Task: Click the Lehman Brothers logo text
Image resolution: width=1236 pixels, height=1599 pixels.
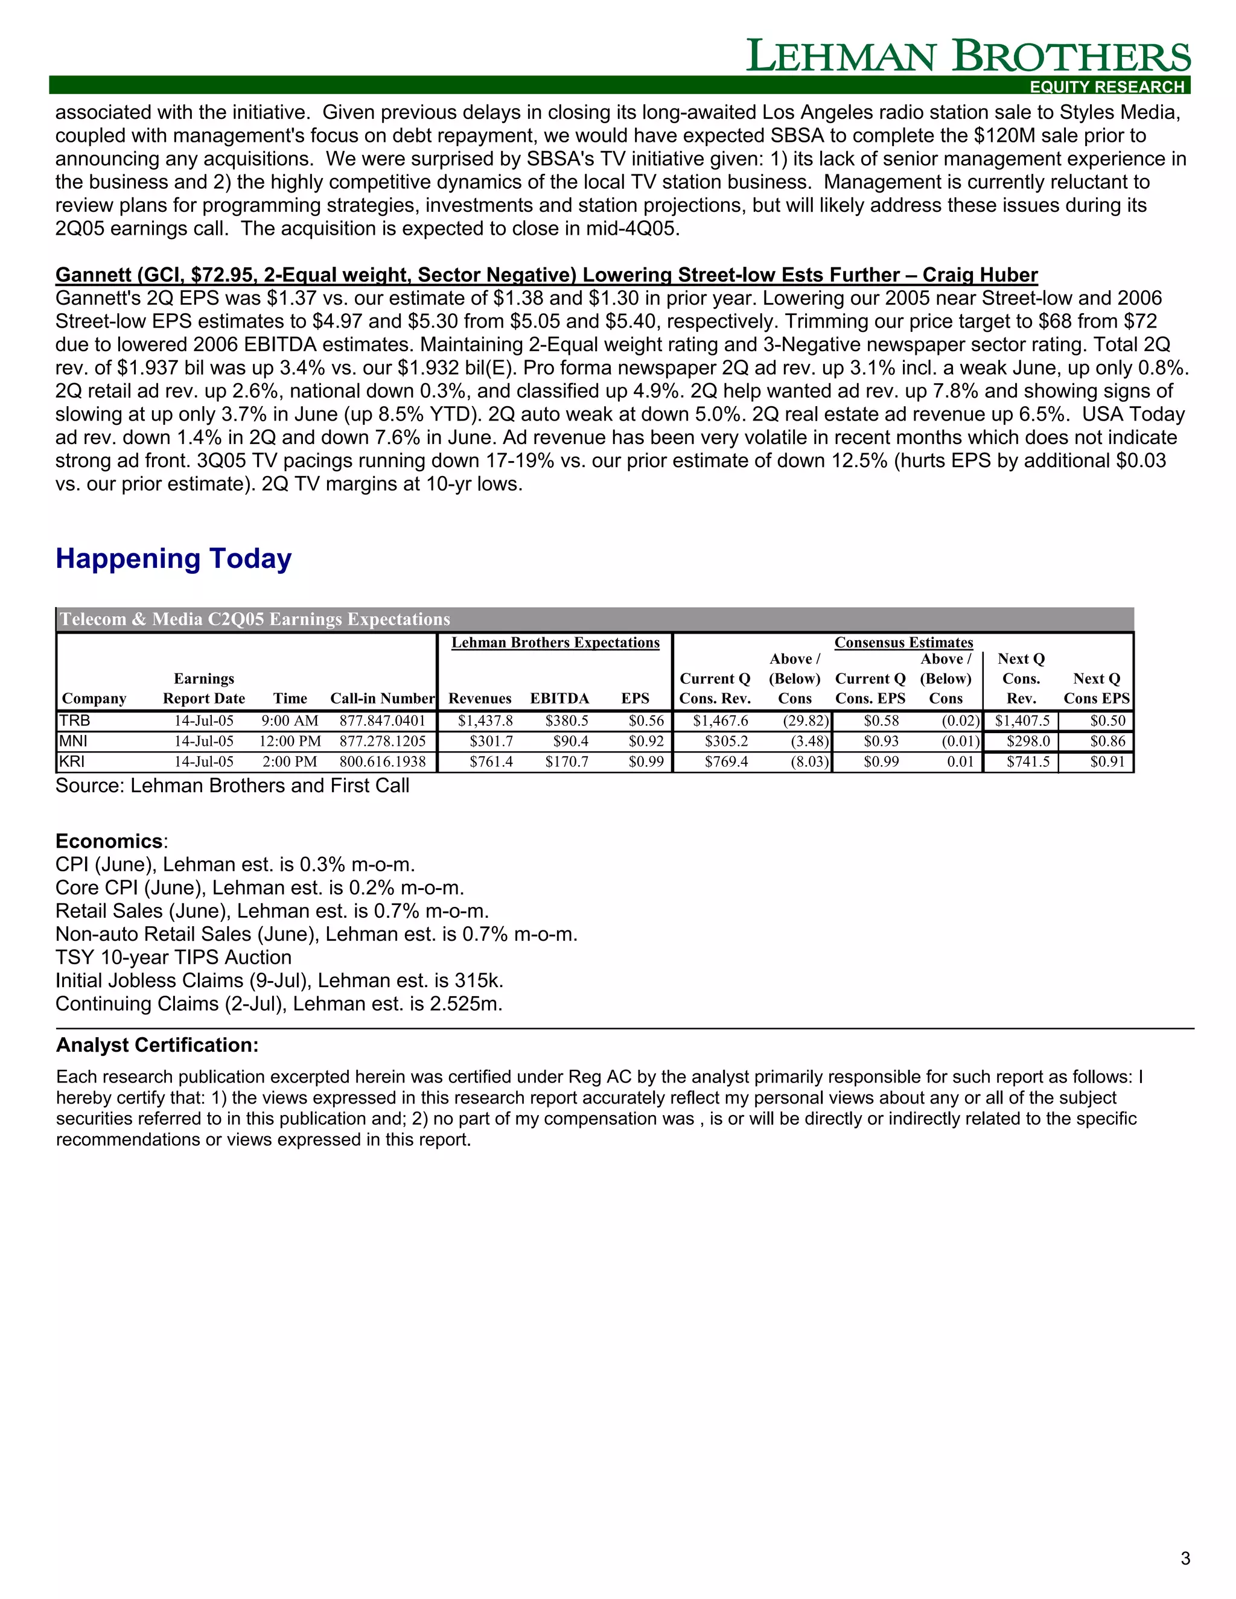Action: pos(967,56)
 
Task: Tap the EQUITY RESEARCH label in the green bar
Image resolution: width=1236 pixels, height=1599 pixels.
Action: pos(1106,86)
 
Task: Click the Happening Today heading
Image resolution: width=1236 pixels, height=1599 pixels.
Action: pos(174,559)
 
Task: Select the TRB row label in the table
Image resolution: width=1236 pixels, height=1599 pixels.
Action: pos(75,720)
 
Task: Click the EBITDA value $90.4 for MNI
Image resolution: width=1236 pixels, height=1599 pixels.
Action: pos(570,741)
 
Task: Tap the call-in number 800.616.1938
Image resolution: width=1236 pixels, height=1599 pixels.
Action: pos(382,761)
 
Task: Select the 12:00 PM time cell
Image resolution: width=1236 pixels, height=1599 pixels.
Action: pos(290,741)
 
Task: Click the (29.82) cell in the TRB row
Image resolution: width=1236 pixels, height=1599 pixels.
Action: pos(806,720)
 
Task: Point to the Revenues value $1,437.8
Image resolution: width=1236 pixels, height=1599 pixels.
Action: pos(485,720)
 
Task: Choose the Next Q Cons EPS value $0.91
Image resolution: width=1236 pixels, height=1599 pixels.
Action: pos(1107,761)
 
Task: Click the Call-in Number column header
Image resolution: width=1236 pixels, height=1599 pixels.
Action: pos(382,699)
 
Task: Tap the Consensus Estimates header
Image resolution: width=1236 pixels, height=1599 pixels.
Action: pos(903,642)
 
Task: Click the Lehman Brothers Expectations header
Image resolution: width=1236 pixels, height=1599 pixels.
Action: pos(555,642)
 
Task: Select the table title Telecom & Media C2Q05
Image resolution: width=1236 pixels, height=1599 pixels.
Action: pos(255,620)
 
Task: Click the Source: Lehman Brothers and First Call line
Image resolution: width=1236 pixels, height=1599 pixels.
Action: pos(232,786)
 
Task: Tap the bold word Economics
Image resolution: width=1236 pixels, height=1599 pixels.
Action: pos(109,841)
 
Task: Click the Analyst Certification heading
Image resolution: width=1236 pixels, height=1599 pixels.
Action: pos(158,1044)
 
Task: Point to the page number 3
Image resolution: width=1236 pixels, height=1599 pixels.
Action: pos(1185,1558)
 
